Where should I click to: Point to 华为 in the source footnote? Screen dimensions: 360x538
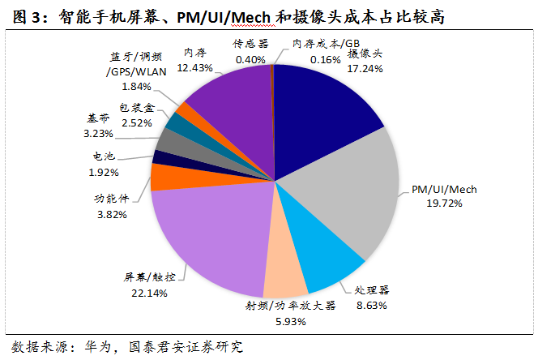pos(88,347)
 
